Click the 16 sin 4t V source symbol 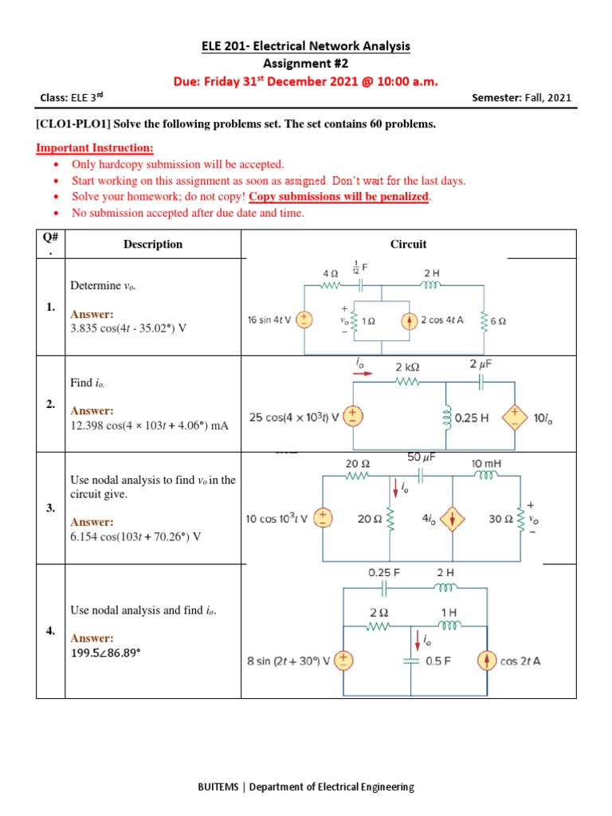[x=304, y=320]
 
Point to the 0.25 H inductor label [x=472, y=417]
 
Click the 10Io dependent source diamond [x=515, y=417]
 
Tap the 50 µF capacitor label [x=421, y=457]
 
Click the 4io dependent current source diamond [x=453, y=519]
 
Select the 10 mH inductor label [x=486, y=463]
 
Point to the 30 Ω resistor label [x=500, y=519]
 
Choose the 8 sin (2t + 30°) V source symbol [x=343, y=661]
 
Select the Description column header [x=153, y=245]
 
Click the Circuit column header [x=408, y=245]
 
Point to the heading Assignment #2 [x=306, y=64]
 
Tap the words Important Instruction [x=95, y=148]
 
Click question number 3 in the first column [x=50, y=508]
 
